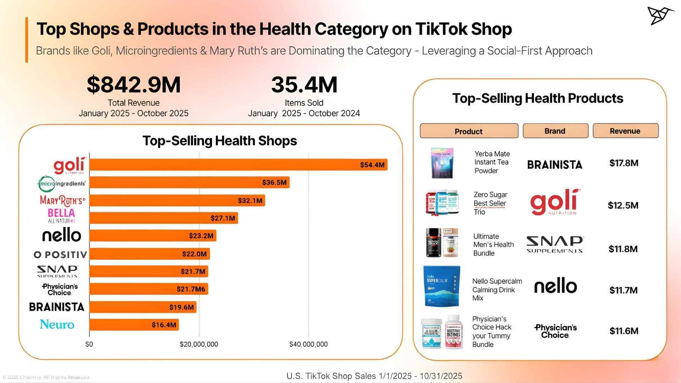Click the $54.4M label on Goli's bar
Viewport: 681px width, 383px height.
(372, 165)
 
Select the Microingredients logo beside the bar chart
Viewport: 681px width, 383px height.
(61, 183)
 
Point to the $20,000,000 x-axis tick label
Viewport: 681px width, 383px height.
(199, 344)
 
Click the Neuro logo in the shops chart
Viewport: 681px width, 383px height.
(57, 324)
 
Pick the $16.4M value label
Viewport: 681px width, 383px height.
(164, 325)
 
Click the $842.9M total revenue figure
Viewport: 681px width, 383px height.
(134, 85)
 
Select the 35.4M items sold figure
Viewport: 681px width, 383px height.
(304, 85)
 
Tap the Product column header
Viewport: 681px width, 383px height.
(469, 131)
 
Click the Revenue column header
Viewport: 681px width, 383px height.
(625, 131)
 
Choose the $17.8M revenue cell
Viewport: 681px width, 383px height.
(624, 163)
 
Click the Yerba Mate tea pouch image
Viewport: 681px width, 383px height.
(442, 163)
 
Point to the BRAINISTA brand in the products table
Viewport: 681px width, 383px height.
(555, 165)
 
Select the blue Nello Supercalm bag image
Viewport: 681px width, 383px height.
(442, 286)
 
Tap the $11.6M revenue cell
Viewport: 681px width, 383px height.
(624, 331)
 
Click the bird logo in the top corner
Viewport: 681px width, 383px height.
(660, 16)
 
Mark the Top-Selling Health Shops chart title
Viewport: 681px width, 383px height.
(220, 141)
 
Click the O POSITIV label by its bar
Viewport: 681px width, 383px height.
(60, 255)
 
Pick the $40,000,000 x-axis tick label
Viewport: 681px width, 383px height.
(308, 344)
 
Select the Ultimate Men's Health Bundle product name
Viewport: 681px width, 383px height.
(493, 245)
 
